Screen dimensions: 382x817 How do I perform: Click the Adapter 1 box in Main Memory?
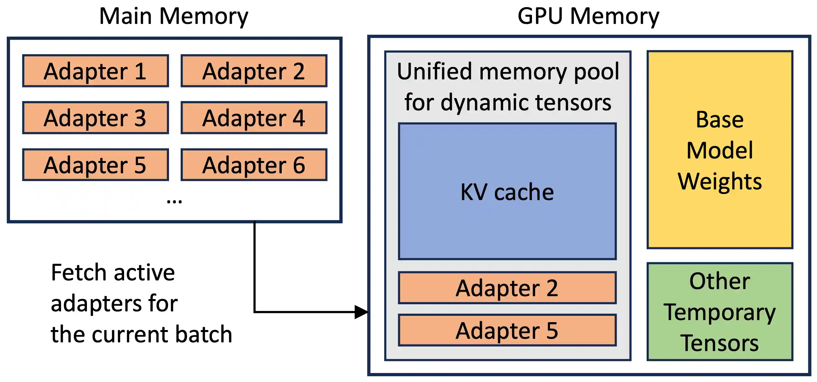pos(95,71)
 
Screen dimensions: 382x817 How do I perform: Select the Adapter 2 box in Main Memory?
pos(254,71)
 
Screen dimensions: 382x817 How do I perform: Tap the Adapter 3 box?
pos(95,118)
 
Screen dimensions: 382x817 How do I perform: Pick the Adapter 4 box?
pos(254,118)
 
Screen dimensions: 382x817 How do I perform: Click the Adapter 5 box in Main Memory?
pos(95,165)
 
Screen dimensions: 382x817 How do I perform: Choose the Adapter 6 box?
pos(254,165)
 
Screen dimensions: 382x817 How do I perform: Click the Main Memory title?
pos(174,16)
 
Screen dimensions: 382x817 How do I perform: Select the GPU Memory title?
pos(588,16)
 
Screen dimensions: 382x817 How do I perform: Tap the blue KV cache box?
pos(507,192)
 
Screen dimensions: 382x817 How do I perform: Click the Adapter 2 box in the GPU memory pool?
pos(507,288)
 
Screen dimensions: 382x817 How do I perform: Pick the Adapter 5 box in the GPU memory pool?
pos(507,330)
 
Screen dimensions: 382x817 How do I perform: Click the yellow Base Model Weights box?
pos(720,150)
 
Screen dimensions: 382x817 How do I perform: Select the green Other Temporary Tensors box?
pos(720,312)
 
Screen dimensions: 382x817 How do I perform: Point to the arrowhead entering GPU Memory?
pos(361,312)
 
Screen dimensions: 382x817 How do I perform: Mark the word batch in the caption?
pos(204,334)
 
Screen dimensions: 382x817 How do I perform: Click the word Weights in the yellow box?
pos(720,181)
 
